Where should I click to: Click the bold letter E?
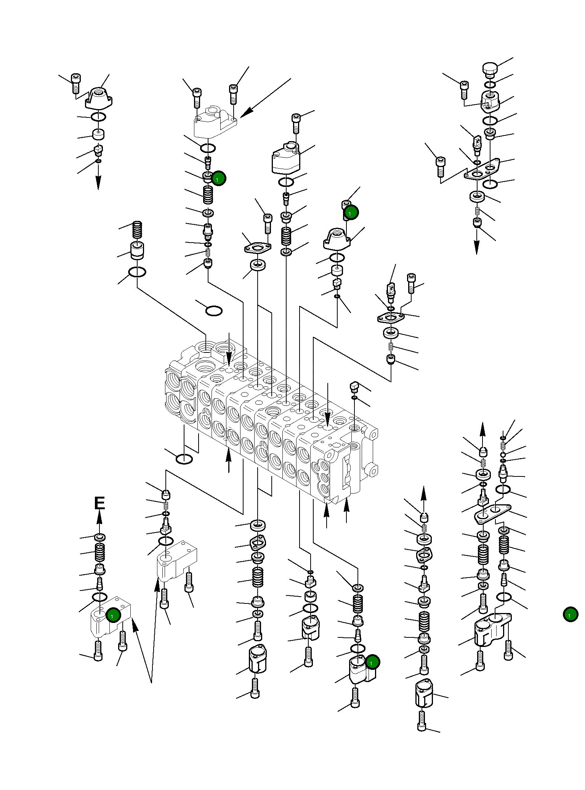99,503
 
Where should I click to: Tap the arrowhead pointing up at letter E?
99,518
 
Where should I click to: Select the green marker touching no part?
571,615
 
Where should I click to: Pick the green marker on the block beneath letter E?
113,615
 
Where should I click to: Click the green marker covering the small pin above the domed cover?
351,212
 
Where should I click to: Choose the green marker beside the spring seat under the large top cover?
218,178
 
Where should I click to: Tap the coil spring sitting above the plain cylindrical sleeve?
137,230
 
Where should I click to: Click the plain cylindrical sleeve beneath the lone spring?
137,251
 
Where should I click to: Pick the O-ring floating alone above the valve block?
214,311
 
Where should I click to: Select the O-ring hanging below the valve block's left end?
184,459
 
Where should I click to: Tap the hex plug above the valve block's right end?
354,387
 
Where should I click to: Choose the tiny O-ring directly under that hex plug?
354,398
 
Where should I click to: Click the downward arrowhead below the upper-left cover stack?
98,183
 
